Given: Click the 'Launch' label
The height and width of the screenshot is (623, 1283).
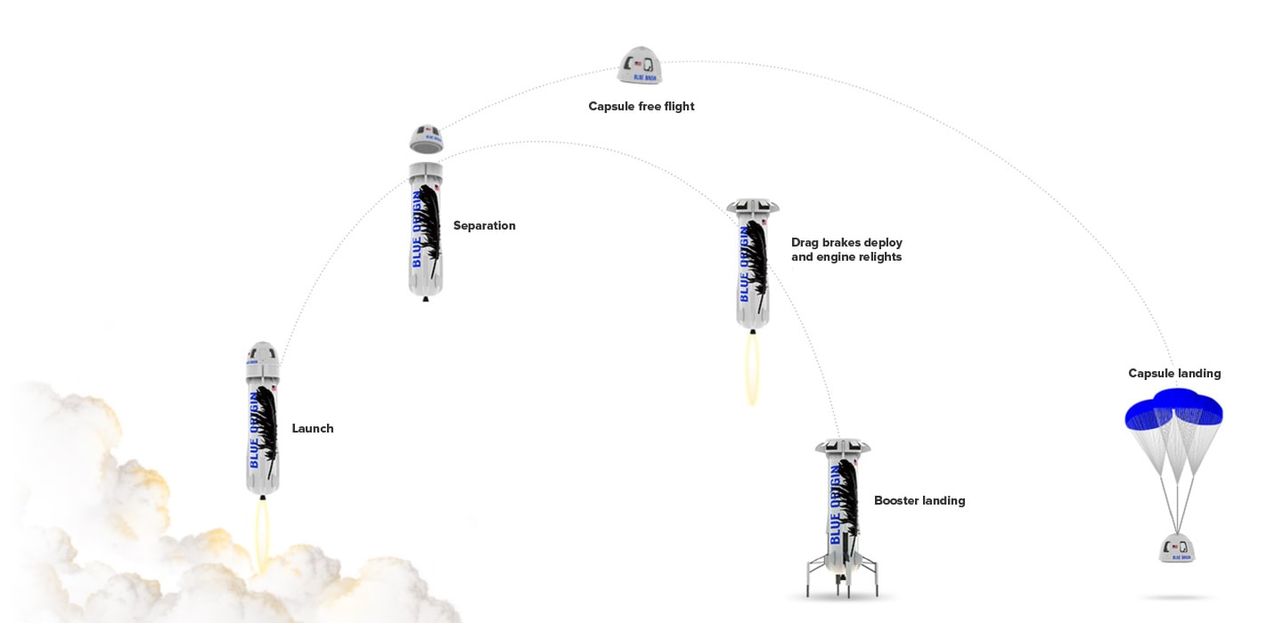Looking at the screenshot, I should [x=313, y=428].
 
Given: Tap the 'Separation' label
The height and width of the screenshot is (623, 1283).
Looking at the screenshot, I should [x=484, y=225].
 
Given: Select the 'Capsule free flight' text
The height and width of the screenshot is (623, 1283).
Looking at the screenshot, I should [x=641, y=106].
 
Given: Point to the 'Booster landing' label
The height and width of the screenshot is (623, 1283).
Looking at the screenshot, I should [x=919, y=500].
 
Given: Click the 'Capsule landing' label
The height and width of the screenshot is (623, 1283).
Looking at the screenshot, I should [x=1173, y=373].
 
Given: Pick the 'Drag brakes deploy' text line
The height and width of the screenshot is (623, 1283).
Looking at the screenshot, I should [x=846, y=242].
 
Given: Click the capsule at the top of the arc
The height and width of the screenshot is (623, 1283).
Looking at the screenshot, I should [x=640, y=67].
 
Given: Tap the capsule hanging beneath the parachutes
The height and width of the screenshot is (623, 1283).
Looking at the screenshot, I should [x=1176, y=547].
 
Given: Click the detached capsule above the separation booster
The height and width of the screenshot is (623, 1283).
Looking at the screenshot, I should [x=426, y=139].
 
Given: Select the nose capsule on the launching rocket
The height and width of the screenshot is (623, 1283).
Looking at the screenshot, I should [x=263, y=357].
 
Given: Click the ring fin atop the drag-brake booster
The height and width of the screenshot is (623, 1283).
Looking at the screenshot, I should [x=753, y=207].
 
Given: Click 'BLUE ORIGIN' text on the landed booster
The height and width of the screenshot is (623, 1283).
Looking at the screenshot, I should [x=836, y=504].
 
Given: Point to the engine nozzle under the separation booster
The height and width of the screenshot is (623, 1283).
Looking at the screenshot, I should [x=426, y=298].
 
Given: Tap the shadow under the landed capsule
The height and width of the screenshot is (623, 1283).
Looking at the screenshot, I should [x=1176, y=597].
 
